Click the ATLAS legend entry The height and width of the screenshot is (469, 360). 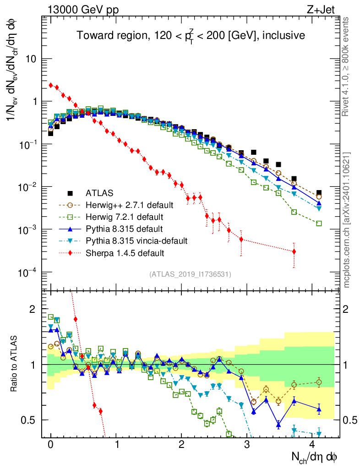point(99,193)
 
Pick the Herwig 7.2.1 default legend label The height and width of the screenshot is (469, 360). point(123,217)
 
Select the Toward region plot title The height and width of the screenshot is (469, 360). point(190,35)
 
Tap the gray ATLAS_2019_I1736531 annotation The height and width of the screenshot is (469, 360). point(190,274)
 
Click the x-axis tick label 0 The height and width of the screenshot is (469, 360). point(51,445)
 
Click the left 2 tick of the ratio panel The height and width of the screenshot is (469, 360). point(33,309)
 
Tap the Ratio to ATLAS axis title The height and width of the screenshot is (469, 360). point(14,365)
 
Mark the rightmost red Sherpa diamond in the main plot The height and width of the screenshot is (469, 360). point(294,251)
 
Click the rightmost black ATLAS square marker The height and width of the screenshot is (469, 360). point(319,193)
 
